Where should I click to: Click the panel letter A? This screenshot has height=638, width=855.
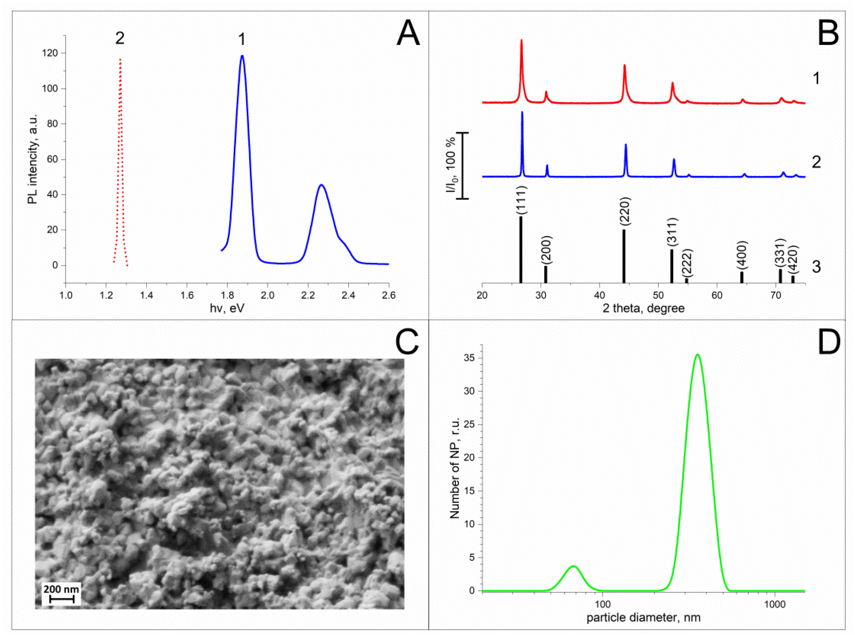point(408,33)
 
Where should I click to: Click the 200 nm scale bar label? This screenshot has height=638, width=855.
point(61,589)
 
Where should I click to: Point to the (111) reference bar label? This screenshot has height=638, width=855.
point(521,200)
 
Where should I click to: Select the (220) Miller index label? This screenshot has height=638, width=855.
point(625,211)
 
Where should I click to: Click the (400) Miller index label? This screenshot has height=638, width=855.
point(741,255)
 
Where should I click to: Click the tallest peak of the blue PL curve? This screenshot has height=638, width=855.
point(242,56)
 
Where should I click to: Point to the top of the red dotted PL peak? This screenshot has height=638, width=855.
point(121,59)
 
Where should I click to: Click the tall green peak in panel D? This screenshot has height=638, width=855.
point(697,354)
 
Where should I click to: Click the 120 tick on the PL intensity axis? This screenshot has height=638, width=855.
point(50,53)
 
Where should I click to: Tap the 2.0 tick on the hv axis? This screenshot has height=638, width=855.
point(267,296)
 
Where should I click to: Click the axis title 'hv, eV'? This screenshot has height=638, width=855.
point(227,308)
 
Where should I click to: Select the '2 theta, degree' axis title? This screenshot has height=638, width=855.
point(643,308)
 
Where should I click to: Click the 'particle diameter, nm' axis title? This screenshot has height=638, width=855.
point(643,618)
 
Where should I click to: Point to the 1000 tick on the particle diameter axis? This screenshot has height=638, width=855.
point(774,604)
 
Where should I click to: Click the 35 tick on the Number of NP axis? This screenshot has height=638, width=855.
point(469,358)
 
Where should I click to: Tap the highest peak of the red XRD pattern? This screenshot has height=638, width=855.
point(521,40)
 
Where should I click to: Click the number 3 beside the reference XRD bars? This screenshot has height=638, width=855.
point(816,267)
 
